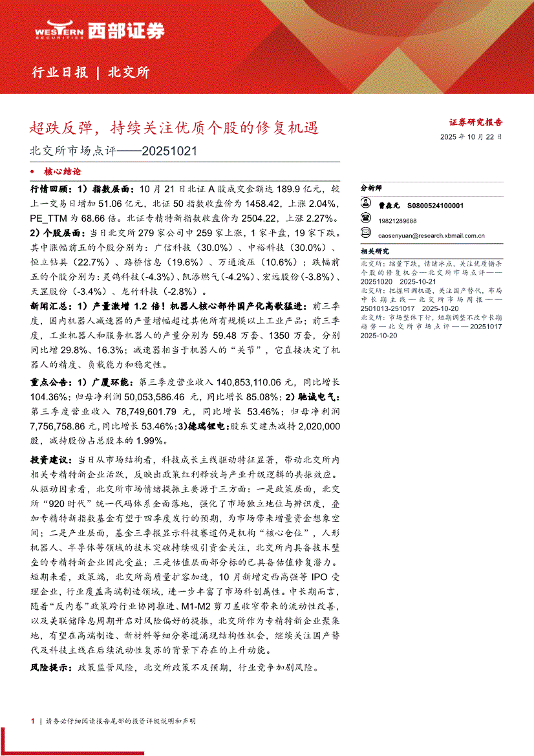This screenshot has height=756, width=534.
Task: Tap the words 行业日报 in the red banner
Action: (59, 72)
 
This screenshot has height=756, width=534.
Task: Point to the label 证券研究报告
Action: (476, 122)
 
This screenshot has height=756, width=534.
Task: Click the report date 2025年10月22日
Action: (471, 137)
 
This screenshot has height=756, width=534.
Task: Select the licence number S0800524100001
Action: (436, 204)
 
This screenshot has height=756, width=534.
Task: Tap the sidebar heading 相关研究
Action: (375, 251)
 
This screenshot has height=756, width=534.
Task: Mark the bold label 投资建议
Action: (52, 459)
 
